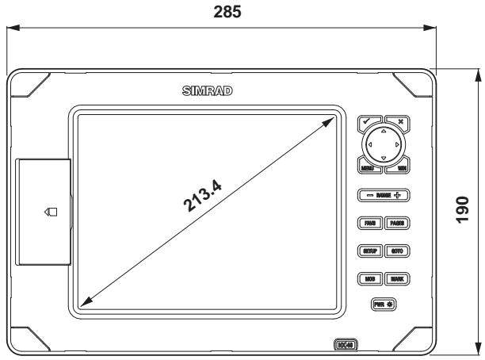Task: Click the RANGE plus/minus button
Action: pyautogui.click(x=383, y=194)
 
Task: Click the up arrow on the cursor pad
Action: pyautogui.click(x=384, y=132)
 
